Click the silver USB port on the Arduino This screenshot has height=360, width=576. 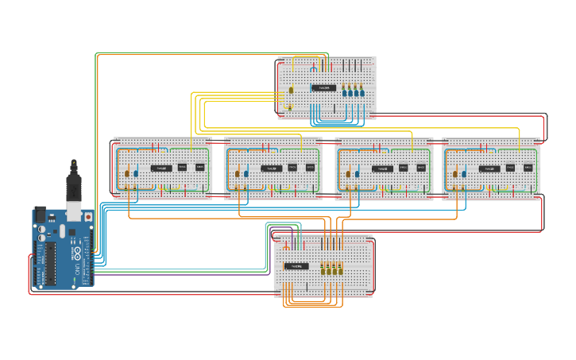(73, 211)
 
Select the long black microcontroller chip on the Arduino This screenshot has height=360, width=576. (49, 262)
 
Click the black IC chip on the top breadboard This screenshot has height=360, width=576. (323, 87)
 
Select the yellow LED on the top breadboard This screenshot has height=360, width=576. (291, 91)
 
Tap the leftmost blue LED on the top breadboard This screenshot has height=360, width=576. (347, 93)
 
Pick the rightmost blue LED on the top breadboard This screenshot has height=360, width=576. (361, 93)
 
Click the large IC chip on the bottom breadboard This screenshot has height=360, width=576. (296, 266)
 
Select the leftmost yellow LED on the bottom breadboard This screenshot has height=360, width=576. (323, 270)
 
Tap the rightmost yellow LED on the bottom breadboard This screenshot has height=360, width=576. (340, 270)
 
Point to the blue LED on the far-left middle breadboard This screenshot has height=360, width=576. (135, 172)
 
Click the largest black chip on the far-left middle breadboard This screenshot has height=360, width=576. (161, 168)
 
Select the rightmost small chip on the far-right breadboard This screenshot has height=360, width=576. (528, 168)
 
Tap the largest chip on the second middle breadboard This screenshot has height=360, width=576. (272, 168)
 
